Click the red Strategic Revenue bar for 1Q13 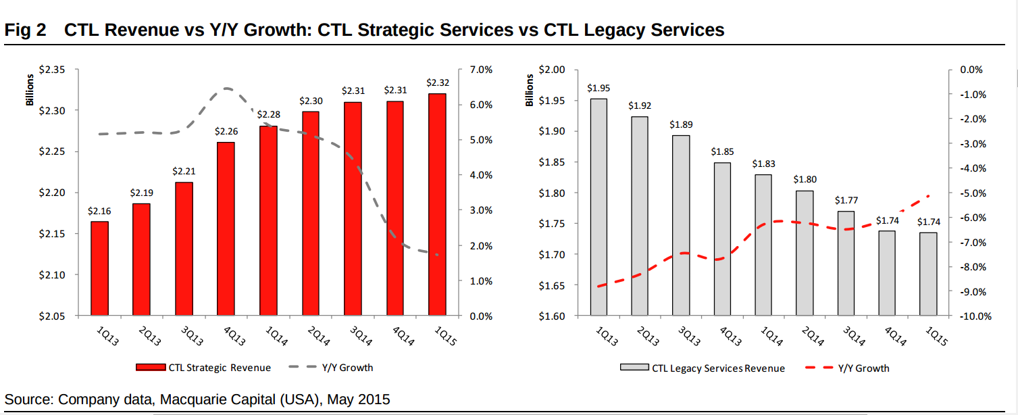[99, 268]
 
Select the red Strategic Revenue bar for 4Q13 [226, 228]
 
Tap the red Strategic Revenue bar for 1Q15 [437, 204]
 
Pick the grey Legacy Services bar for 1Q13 [598, 207]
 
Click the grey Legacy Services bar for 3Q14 [845, 263]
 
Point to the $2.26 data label [226, 132]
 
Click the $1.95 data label [598, 88]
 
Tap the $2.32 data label [437, 82]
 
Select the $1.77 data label [845, 200]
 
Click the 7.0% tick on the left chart [480, 70]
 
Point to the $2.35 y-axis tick [51, 70]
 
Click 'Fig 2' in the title [25, 30]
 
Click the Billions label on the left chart [30, 89]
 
